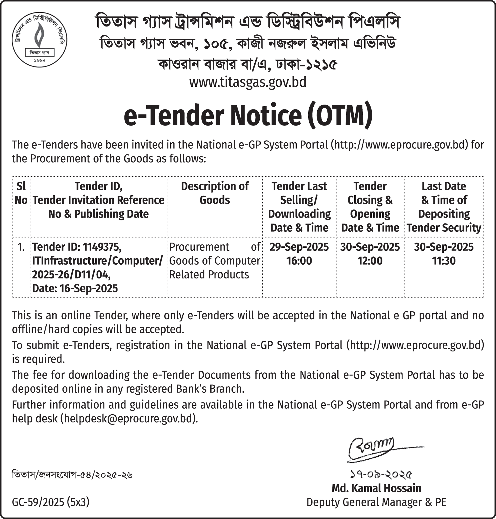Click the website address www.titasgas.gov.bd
248,82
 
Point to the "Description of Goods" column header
215,193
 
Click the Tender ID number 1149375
102,247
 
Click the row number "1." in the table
21,247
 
